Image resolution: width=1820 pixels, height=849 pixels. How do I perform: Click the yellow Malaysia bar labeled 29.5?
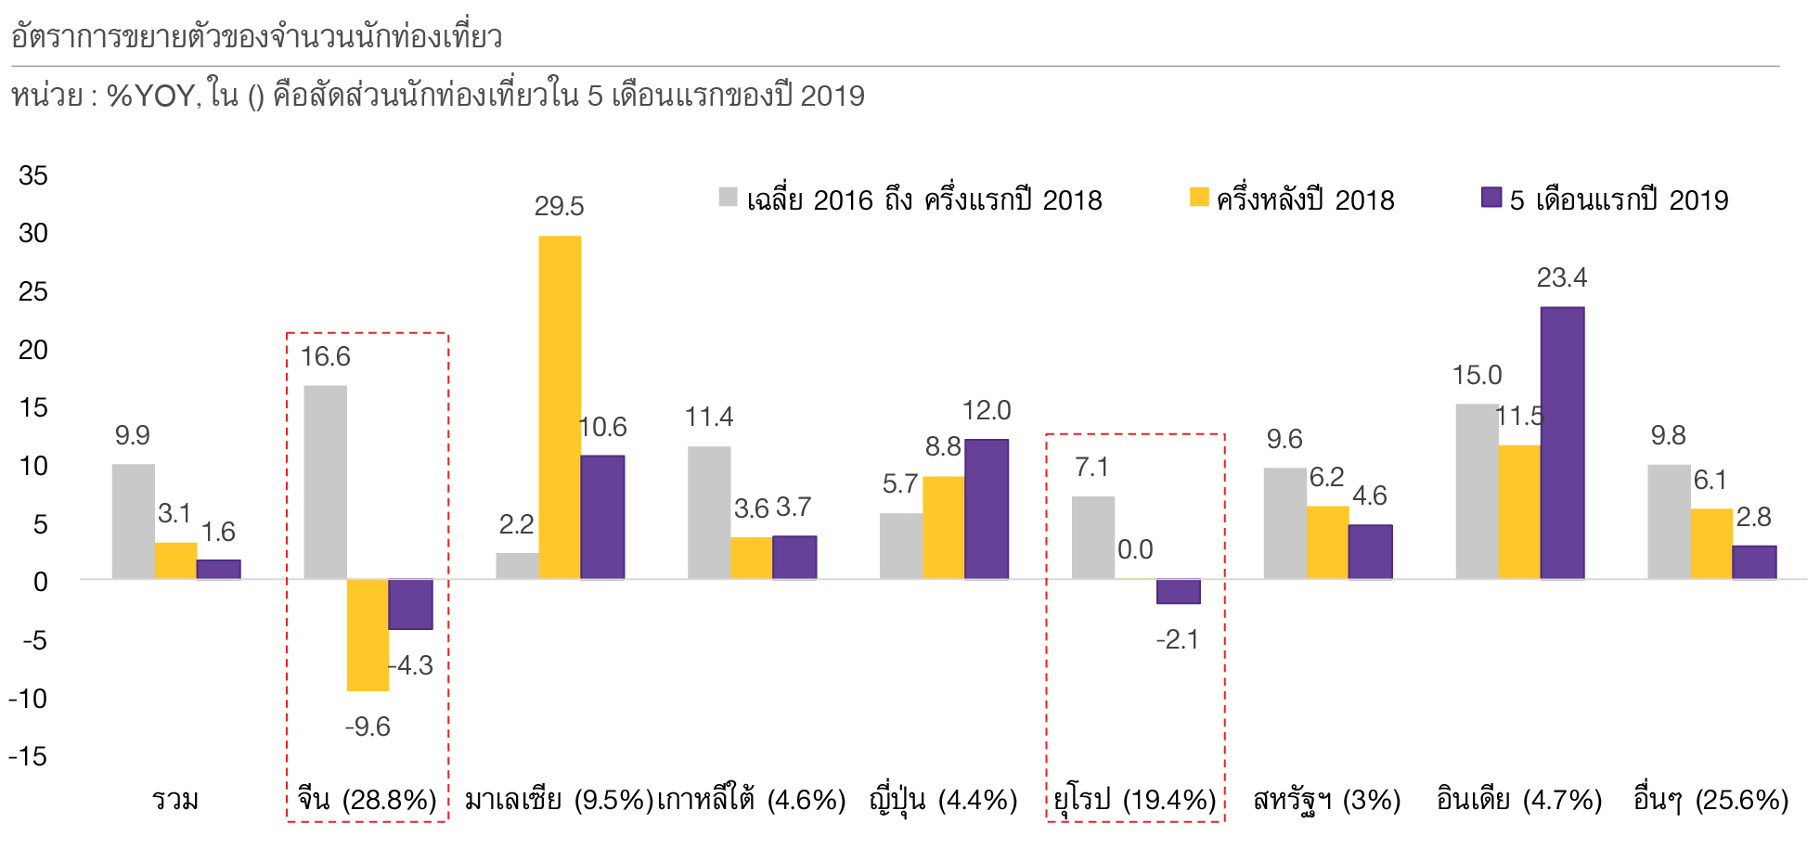[x=560, y=407]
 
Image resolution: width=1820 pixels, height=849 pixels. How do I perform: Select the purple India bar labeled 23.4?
[x=1562, y=443]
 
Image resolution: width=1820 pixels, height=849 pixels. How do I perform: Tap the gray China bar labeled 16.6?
[x=325, y=482]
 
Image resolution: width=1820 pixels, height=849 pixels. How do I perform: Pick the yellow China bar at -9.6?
[x=368, y=635]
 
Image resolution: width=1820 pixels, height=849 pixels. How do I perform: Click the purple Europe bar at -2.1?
[x=1178, y=591]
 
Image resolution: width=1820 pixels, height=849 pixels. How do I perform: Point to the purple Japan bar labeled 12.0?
[x=986, y=508]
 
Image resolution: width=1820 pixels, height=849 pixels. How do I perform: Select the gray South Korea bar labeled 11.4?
[x=709, y=512]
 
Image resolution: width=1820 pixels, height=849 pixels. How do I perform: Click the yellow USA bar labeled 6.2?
[x=1327, y=542]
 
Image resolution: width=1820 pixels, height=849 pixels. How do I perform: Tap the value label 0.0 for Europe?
[x=1135, y=549]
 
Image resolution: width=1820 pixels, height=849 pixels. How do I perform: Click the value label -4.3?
[x=411, y=665]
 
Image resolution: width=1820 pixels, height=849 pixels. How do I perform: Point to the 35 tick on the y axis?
[x=33, y=175]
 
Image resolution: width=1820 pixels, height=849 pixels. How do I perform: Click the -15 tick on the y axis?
[x=28, y=756]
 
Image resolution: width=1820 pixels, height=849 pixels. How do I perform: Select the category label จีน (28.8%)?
[x=368, y=799]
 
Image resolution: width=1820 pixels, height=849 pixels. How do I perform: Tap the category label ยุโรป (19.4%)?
[x=1135, y=799]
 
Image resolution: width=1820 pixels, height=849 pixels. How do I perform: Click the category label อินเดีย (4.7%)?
[x=1519, y=799]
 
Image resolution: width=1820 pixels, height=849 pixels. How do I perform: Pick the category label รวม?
[x=175, y=799]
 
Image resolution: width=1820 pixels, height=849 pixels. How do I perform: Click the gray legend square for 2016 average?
[x=729, y=197]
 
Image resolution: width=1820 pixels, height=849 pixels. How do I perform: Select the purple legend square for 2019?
[x=1491, y=197]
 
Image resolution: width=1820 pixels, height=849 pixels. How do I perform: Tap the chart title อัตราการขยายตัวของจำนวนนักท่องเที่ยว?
[x=257, y=37]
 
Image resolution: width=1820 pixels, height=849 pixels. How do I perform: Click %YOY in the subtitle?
[x=150, y=96]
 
